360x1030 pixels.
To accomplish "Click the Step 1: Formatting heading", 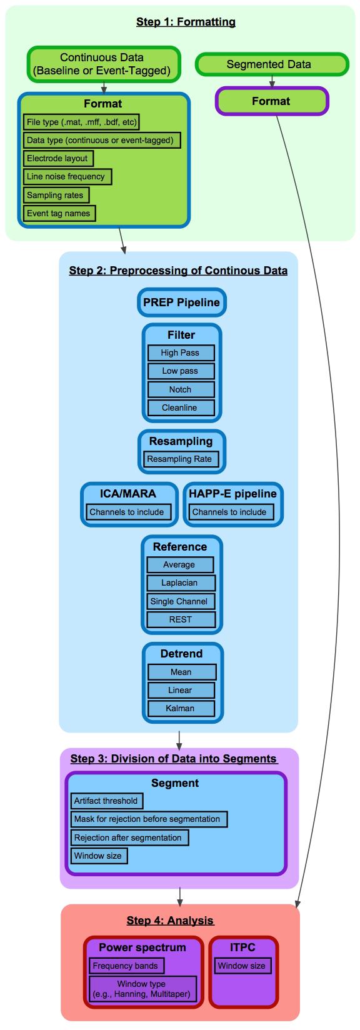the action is [x=186, y=22].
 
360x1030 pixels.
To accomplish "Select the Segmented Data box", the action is [x=272, y=64].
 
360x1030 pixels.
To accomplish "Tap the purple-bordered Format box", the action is [x=272, y=101].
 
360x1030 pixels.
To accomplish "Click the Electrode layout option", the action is [x=58, y=158].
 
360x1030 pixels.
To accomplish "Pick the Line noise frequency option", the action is [x=67, y=177].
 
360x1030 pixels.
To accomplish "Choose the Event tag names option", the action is [x=59, y=213].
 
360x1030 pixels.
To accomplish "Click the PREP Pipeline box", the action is [x=182, y=302].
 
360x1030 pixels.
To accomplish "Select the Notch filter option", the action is [x=181, y=389].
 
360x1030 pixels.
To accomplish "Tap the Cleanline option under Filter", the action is [x=181, y=408].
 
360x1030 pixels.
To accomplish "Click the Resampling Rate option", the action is [x=181, y=459].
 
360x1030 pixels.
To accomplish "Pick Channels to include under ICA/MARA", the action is [x=128, y=512].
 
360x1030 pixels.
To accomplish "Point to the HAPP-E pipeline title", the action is [x=232, y=494].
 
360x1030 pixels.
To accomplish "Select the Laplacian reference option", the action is [x=181, y=583].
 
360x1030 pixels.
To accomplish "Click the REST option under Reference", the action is [x=181, y=619].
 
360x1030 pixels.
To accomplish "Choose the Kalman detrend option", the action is [x=181, y=708].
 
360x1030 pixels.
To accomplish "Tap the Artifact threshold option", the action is [x=107, y=801].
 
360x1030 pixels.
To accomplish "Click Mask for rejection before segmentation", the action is [x=149, y=819].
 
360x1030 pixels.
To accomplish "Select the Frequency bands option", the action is [x=126, y=966].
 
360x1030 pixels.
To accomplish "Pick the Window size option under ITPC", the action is [x=242, y=966].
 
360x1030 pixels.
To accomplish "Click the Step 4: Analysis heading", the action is [x=171, y=920].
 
